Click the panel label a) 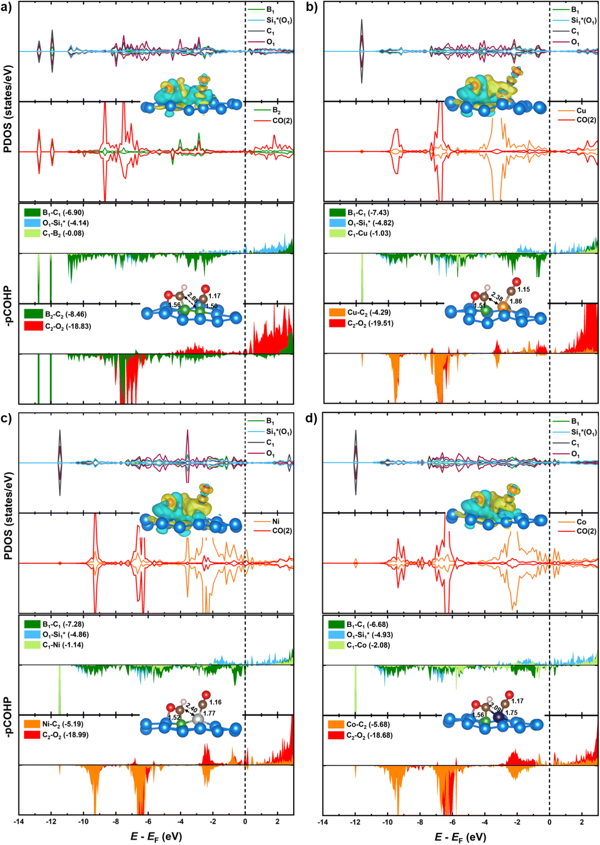[7, 7]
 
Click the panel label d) [312, 419]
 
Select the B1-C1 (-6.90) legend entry [54, 213]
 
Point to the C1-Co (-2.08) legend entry [359, 645]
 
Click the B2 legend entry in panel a [267, 110]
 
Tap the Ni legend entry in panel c [267, 521]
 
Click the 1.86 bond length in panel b [516, 301]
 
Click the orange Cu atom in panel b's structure [503, 306]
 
